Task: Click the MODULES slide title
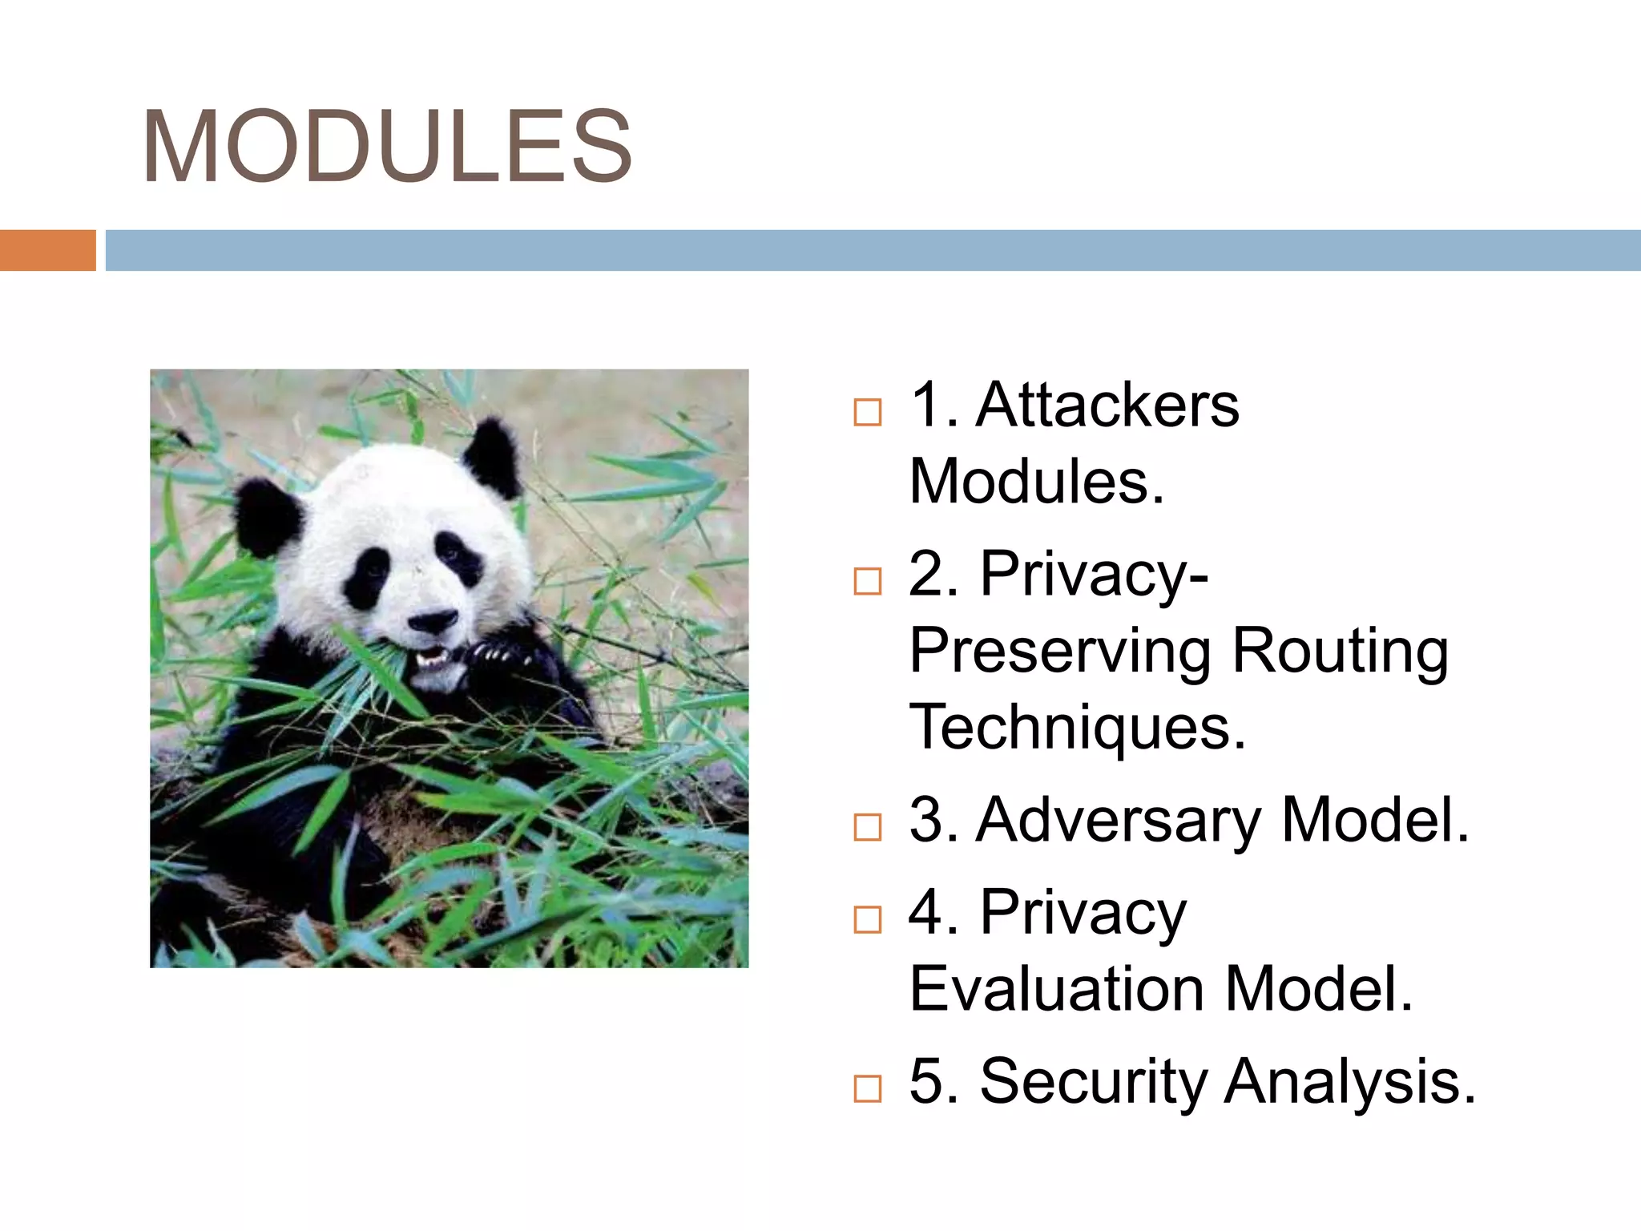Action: point(387,147)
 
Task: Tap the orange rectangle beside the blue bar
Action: point(47,250)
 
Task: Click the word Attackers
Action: point(1107,406)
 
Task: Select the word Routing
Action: point(1340,651)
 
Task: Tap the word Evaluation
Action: point(1057,989)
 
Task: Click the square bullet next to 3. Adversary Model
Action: point(867,827)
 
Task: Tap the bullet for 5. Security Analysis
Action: point(867,1088)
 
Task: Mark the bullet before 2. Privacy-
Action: point(867,581)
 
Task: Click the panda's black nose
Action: point(433,620)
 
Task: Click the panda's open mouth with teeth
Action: point(433,657)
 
